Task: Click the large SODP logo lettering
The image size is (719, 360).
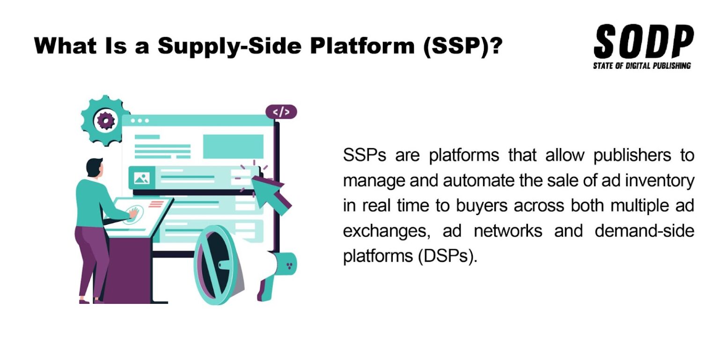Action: [643, 43]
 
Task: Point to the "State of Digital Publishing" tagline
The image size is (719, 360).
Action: [642, 66]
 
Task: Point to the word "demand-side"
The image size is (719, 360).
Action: [645, 232]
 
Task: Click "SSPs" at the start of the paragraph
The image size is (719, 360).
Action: [364, 156]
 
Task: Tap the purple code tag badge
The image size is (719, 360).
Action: [281, 112]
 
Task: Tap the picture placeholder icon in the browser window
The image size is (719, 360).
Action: [141, 178]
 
